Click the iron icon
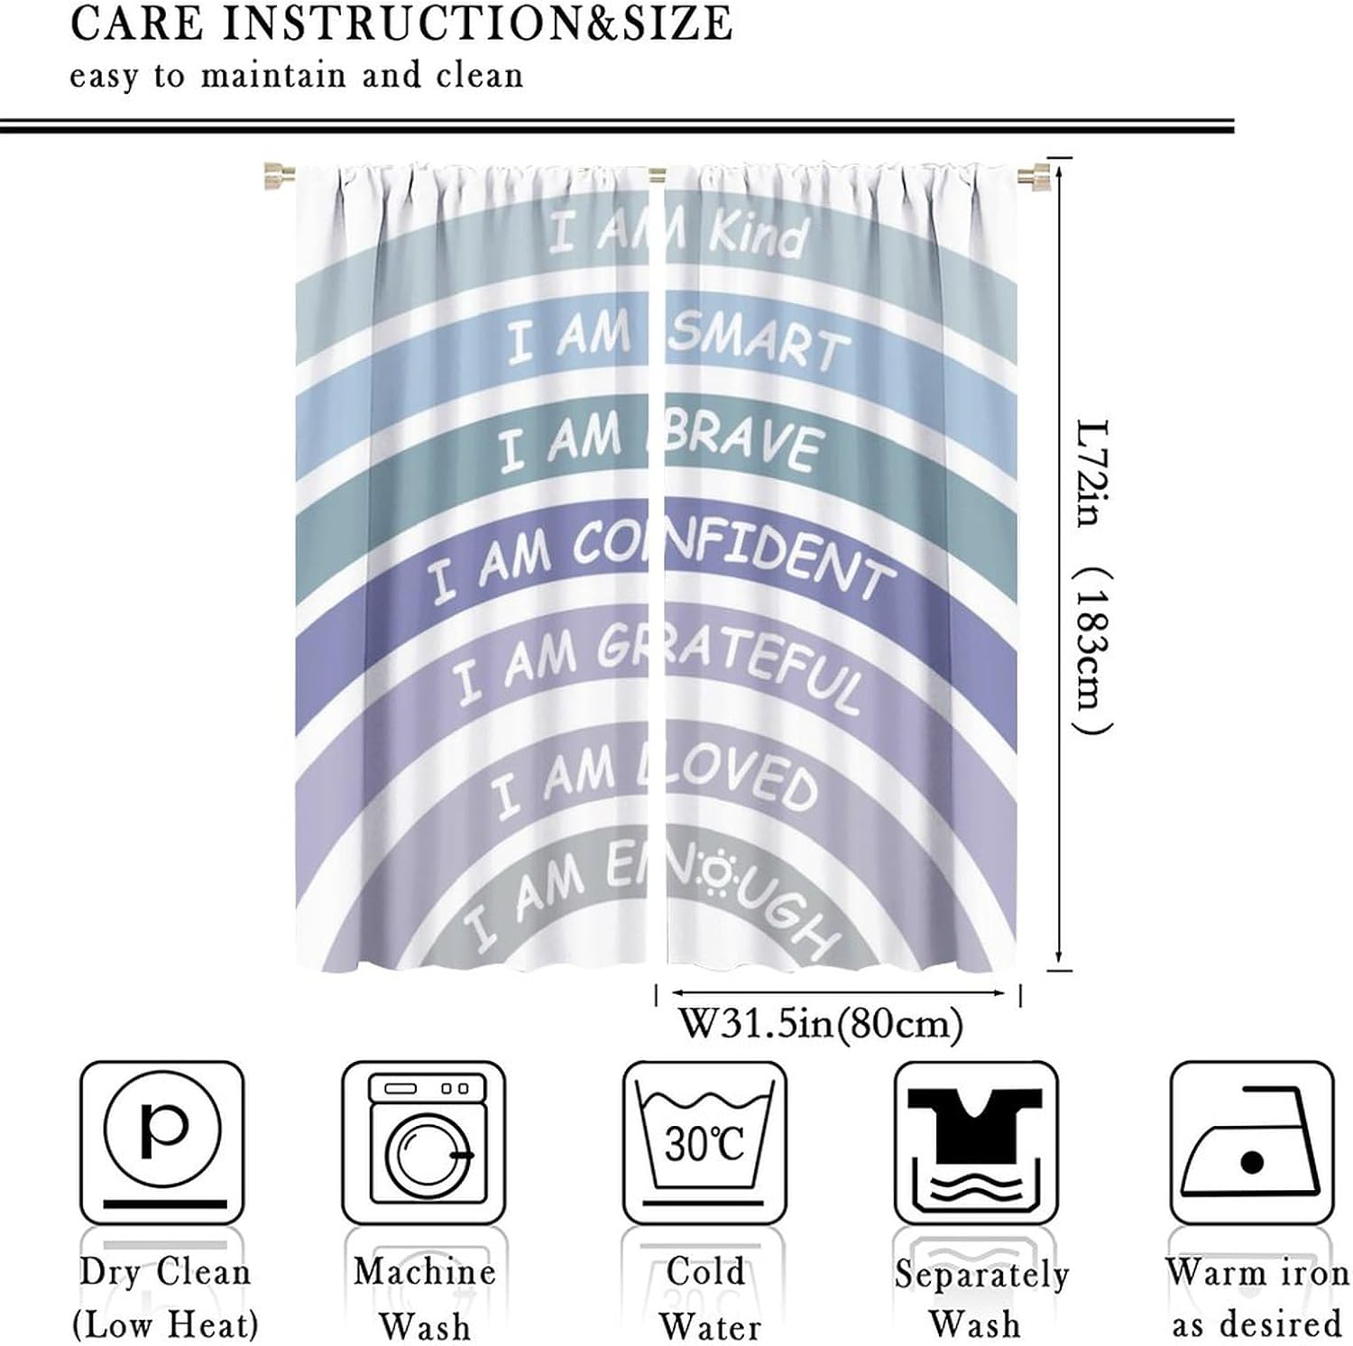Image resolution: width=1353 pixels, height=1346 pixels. [1251, 1144]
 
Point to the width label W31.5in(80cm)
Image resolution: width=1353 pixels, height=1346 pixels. [821, 1024]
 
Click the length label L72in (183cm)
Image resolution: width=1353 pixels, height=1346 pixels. [1093, 577]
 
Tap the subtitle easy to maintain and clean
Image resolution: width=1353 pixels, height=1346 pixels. [296, 76]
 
